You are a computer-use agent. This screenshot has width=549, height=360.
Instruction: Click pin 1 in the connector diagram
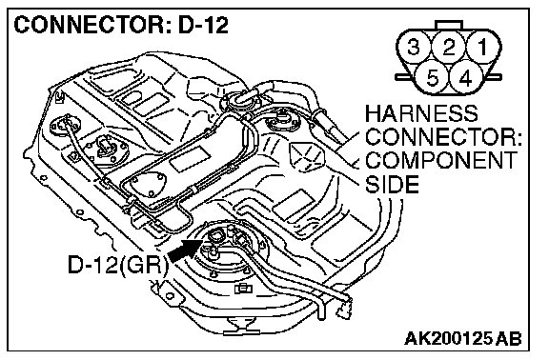[x=483, y=47]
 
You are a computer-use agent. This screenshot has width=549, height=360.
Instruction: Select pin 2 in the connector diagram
[x=449, y=47]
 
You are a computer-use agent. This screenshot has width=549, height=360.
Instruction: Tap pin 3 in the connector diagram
[x=414, y=47]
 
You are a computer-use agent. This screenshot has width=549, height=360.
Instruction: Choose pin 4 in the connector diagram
[x=466, y=77]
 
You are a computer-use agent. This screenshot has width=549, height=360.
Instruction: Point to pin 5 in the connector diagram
[x=432, y=77]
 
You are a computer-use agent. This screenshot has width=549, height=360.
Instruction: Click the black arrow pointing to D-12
[x=185, y=250]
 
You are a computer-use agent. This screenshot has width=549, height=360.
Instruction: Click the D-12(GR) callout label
[x=117, y=265]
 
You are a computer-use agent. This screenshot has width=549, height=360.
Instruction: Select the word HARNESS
[x=421, y=113]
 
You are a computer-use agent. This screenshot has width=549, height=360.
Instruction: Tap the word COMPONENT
[x=440, y=160]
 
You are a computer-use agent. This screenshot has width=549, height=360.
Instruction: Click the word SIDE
[x=392, y=184]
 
